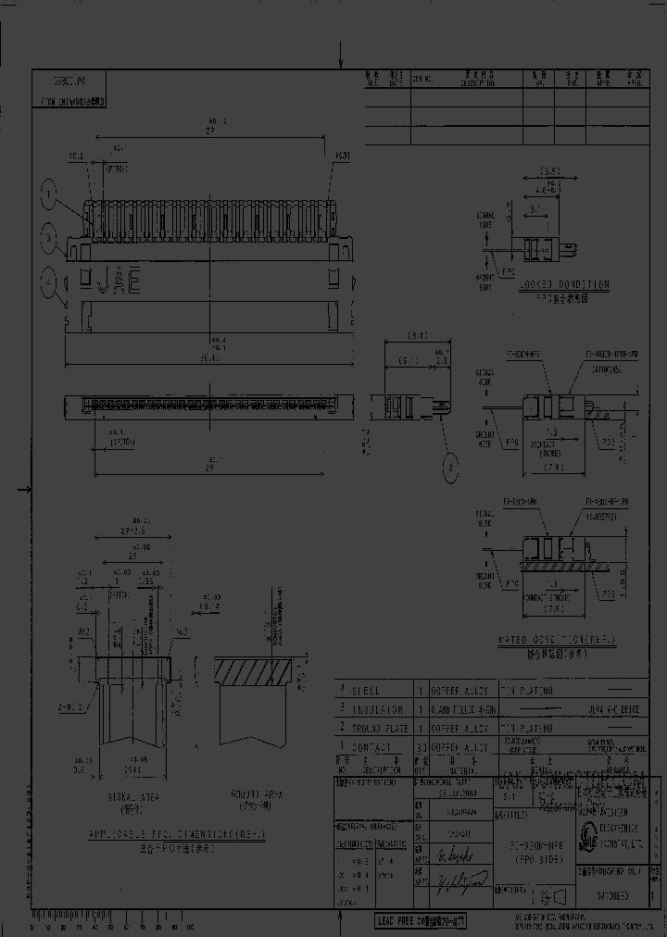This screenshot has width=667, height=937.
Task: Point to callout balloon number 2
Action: (x=450, y=469)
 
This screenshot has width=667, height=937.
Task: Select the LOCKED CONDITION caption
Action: (x=564, y=284)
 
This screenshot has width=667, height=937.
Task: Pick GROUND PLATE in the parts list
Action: (x=376, y=728)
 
